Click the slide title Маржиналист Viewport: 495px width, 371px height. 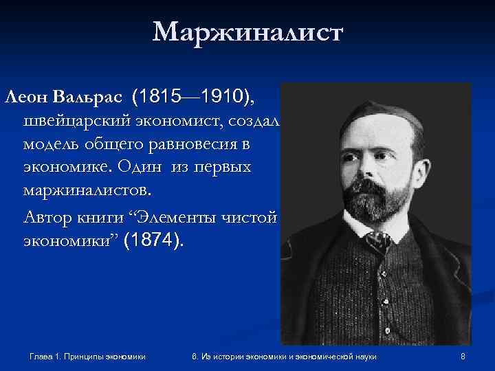point(247,32)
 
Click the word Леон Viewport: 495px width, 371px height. point(25,98)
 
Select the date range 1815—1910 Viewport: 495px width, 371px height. point(195,98)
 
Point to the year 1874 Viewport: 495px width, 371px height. point(153,242)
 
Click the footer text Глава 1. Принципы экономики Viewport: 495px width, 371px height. point(89,356)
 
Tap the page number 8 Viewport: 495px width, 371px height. point(463,356)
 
